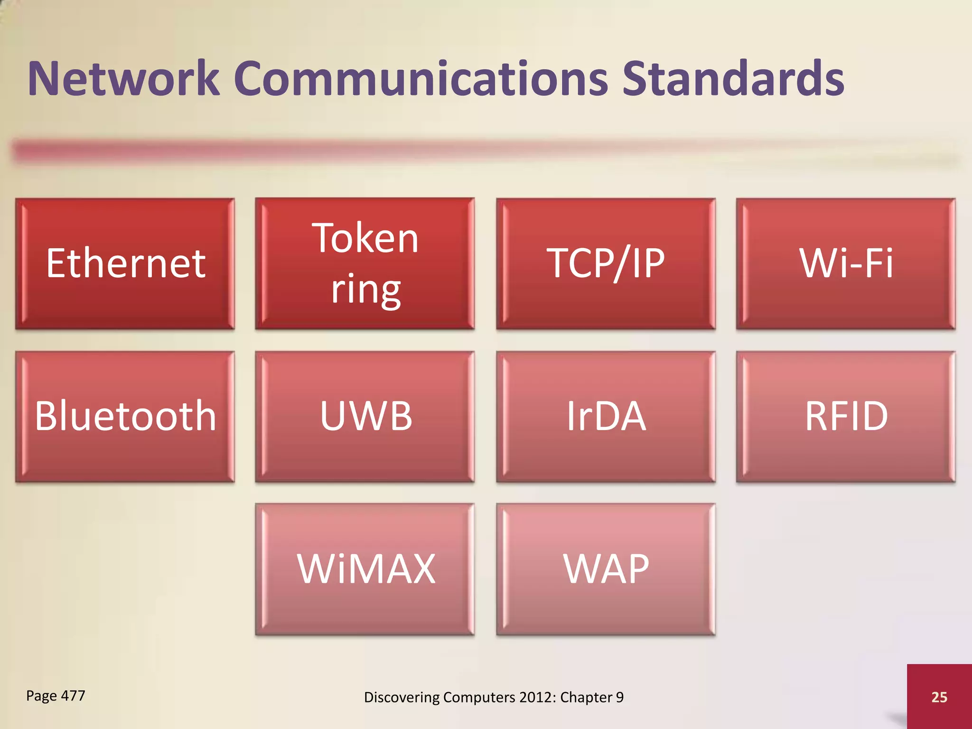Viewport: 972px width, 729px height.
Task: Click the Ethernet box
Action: [x=125, y=264]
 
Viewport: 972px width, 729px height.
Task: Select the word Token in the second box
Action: [x=365, y=238]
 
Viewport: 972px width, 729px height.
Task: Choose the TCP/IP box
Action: [x=606, y=264]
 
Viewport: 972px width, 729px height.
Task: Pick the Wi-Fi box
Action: [x=846, y=264]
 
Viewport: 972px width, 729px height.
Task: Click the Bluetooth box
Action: [x=125, y=417]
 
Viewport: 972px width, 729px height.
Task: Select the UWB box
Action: [x=365, y=417]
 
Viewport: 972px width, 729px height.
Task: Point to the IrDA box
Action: [x=606, y=417]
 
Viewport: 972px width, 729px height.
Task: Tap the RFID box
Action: [x=846, y=417]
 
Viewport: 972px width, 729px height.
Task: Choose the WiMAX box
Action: [x=365, y=569]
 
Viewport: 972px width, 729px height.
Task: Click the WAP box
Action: [x=606, y=569]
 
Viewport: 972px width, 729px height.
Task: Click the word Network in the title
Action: [x=123, y=79]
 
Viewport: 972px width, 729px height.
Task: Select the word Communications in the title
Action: [x=421, y=79]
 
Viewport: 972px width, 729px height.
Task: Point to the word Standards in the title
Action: [x=733, y=79]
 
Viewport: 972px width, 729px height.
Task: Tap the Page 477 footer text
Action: [x=56, y=696]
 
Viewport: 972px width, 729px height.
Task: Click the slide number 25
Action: [x=939, y=697]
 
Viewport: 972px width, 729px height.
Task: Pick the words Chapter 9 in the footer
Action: [x=591, y=697]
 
